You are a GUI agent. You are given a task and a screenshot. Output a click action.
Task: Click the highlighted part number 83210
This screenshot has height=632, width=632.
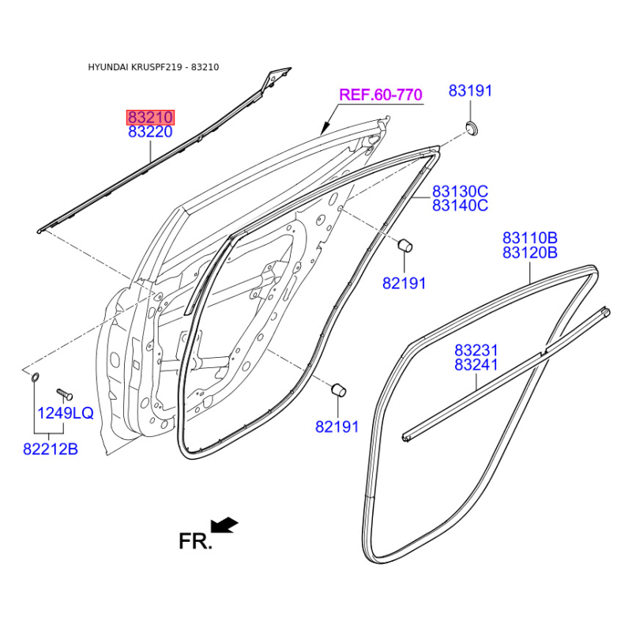pos(150,117)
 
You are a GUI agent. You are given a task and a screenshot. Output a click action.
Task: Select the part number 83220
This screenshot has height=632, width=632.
pos(150,132)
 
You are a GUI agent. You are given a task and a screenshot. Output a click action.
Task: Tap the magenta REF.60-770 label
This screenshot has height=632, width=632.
pos(381,95)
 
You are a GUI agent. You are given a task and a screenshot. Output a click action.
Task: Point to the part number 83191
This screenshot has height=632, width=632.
pos(470,91)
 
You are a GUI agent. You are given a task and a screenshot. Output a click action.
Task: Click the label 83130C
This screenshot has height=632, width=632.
pos(461,190)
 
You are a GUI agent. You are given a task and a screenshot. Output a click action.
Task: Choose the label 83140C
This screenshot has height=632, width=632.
pos(461,205)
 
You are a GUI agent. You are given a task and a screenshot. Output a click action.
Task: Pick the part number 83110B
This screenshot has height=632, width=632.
pos(529,238)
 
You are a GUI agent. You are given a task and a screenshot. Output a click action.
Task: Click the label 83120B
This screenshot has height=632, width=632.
pos(529,253)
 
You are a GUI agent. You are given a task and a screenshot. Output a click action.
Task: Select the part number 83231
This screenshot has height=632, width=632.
pos(476,350)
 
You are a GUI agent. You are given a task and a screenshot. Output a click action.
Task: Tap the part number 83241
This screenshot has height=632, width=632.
pos(476,365)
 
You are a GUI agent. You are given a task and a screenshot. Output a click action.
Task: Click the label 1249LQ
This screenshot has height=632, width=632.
pos(66,412)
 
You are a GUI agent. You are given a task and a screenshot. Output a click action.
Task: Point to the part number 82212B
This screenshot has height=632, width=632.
pos(51,449)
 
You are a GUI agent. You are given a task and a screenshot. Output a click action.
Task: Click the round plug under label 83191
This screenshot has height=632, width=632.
pos(472,129)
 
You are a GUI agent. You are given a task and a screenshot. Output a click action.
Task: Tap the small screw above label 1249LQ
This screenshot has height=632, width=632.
pos(64,393)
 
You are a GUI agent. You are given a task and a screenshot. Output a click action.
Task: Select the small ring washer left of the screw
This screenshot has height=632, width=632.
pos(36,378)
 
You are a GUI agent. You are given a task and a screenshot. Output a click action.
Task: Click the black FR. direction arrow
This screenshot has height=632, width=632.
pos(224,525)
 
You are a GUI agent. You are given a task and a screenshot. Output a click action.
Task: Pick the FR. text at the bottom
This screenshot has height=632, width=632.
pos(195,541)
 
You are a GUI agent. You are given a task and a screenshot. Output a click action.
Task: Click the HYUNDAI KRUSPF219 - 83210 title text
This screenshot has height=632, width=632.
pos(153,67)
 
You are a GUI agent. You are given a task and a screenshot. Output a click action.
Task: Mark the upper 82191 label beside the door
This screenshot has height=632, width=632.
pos(404,284)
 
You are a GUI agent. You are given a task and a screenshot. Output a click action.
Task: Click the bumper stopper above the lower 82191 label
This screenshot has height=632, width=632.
pos(339,389)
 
